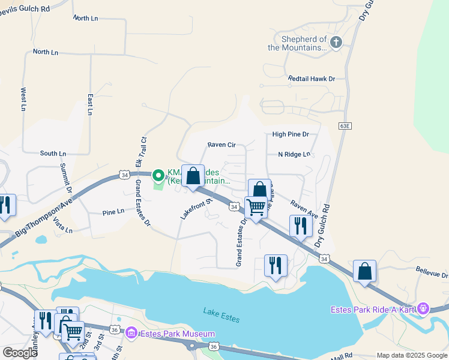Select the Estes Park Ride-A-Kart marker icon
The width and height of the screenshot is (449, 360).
click(x=423, y=308)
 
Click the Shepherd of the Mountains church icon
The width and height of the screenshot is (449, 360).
click(x=336, y=42)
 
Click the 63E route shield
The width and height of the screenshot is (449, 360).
click(x=344, y=126)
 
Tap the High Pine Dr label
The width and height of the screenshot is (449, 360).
click(x=290, y=134)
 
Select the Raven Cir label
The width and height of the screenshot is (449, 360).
click(x=221, y=145)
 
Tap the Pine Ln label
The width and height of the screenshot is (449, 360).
click(x=113, y=212)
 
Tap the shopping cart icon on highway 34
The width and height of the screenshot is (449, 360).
click(x=256, y=208)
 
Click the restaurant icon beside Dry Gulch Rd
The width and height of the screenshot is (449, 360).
click(x=300, y=226)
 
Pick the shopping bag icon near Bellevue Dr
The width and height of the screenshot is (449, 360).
click(x=364, y=271)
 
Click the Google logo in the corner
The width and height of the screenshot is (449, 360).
click(x=20, y=353)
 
